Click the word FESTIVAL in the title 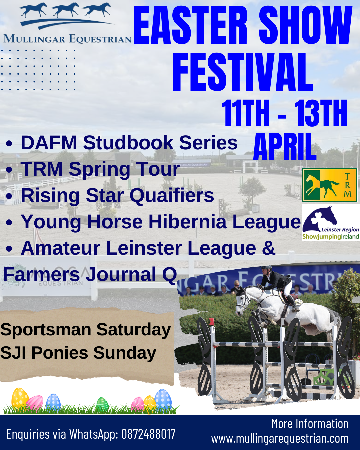(x=243, y=72)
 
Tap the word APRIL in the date (x=285, y=147)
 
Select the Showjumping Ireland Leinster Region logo (x=331, y=223)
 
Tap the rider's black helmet (x=266, y=268)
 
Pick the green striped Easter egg (x=102, y=404)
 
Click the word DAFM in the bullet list (x=49, y=143)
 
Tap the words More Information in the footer (x=310, y=424)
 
